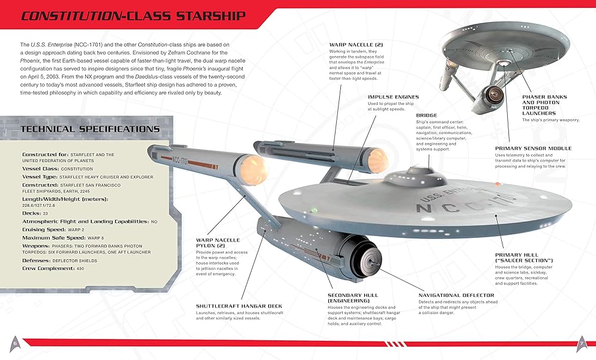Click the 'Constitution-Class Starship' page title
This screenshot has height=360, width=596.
(x=132, y=15)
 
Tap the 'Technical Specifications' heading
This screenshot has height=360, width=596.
(x=90, y=129)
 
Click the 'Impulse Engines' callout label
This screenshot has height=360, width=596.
(x=393, y=97)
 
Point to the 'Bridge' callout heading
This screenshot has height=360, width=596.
(x=426, y=115)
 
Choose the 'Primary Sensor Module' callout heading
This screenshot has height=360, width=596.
(x=533, y=148)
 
